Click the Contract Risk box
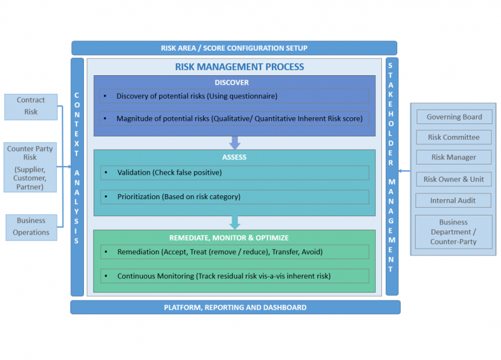coord(31,106)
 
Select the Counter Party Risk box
coord(30,167)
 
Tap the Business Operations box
coord(31,227)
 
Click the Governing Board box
coord(454,117)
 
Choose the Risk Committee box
coord(454,137)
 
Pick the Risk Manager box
coord(454,158)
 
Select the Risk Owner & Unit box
coord(454,179)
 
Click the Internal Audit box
coord(454,200)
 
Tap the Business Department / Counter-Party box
coord(454,232)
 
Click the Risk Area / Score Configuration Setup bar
coord(234,48)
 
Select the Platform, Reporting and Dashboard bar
coord(235,307)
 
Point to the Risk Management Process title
coord(240,67)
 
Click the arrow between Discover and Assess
coord(235,143)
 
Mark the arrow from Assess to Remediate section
coord(235,222)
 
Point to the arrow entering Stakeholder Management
coord(405,170)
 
